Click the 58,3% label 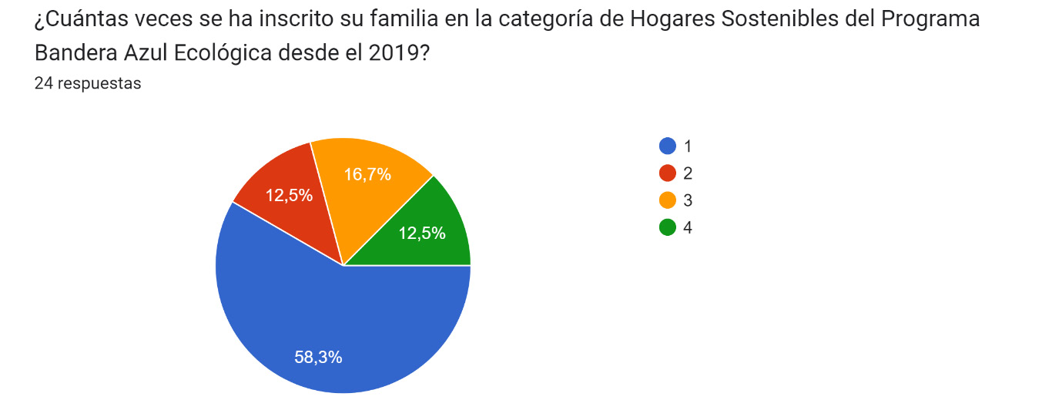click(318, 357)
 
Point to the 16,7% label click(367, 175)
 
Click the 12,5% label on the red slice click(289, 196)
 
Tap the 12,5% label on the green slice click(422, 233)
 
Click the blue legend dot click(668, 146)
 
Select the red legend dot click(668, 173)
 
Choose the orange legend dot click(668, 200)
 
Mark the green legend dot click(668, 227)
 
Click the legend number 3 click(688, 200)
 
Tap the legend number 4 click(688, 227)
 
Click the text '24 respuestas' click(88, 83)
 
